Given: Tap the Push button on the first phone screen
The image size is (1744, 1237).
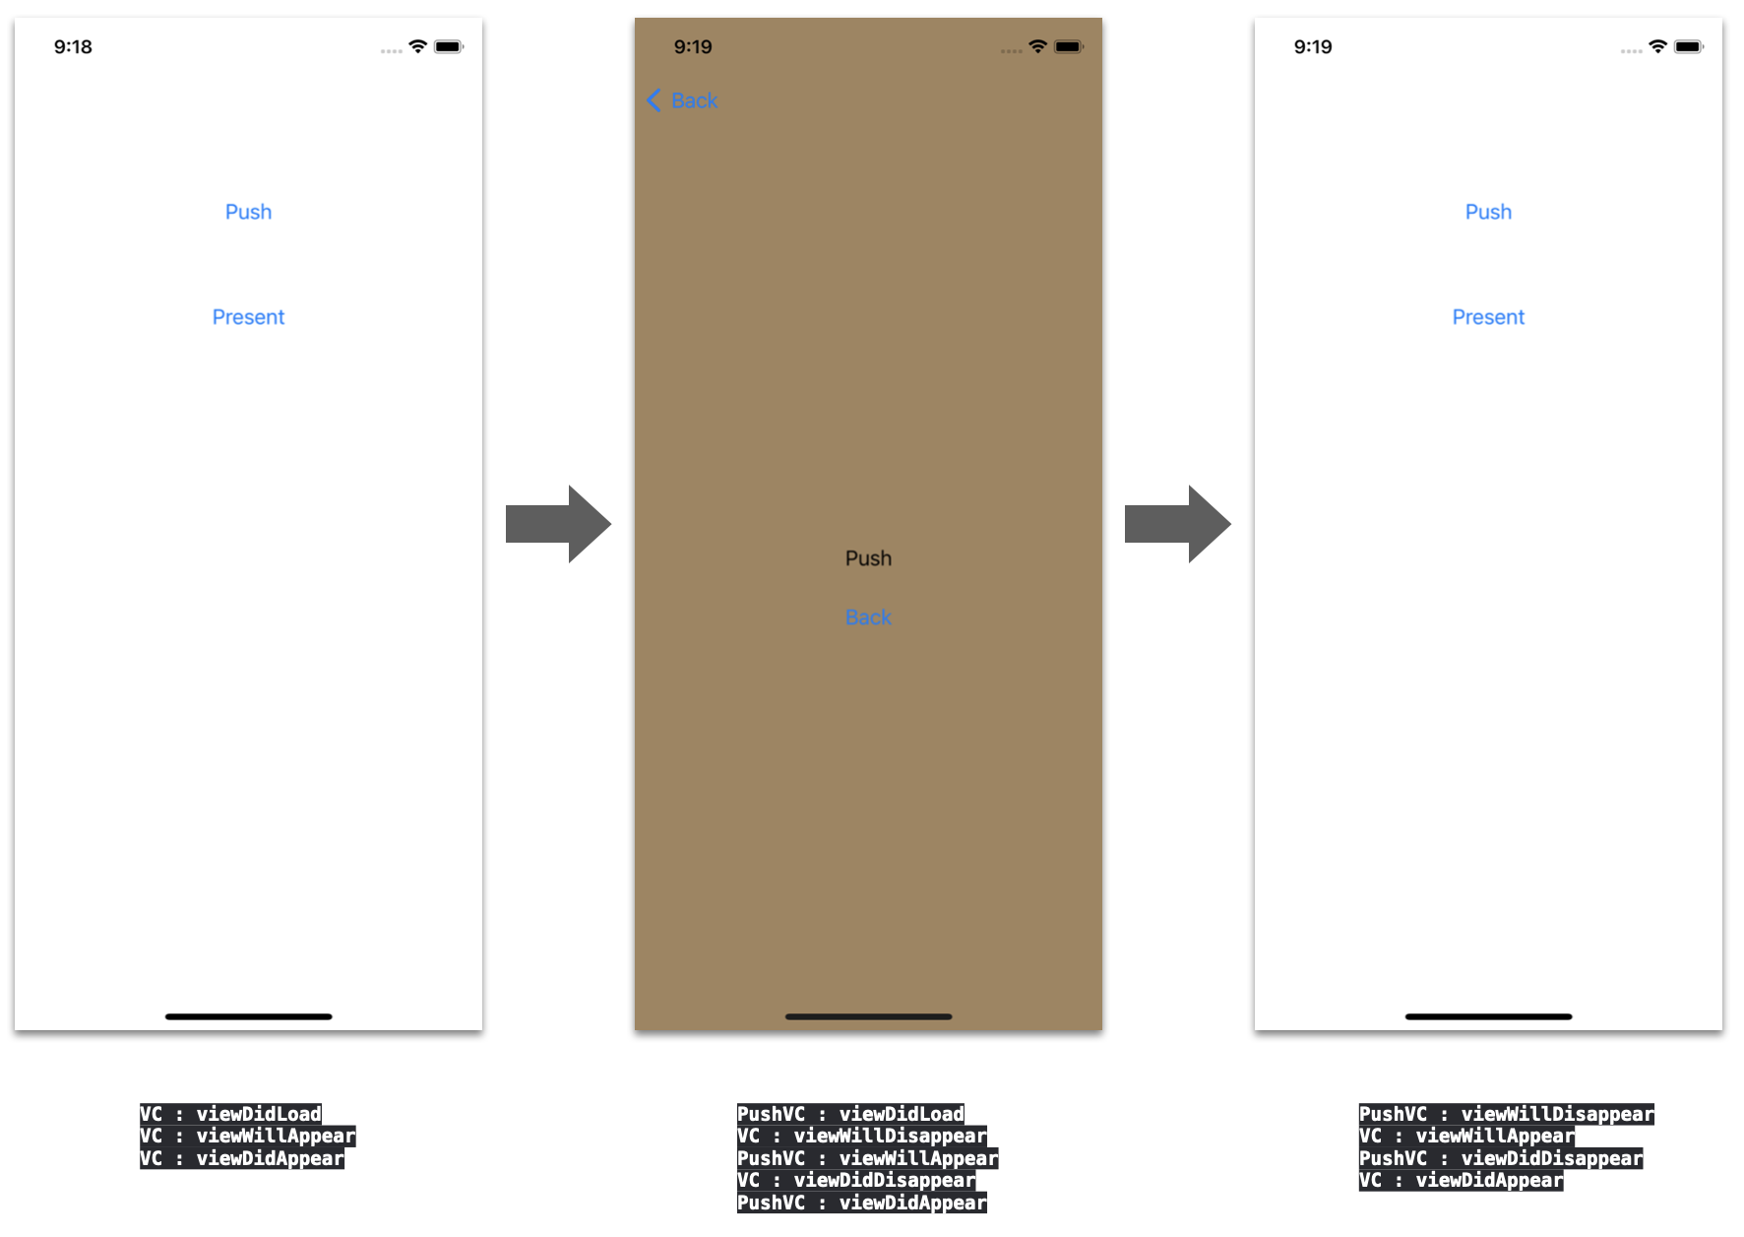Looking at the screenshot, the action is coord(248,212).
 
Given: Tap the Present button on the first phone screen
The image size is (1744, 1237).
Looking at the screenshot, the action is coord(248,317).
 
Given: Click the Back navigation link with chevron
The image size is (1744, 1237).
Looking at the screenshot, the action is coord(682,100).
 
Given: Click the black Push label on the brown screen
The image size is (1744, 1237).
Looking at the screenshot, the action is coord(868,558).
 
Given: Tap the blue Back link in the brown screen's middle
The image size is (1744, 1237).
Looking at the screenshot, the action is coord(868,618).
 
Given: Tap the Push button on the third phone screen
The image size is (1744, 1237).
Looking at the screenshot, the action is coord(1488,212).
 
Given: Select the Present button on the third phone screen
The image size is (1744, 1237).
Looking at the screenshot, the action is coord(1488,317).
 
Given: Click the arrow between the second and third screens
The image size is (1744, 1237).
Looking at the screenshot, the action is coord(1177,524).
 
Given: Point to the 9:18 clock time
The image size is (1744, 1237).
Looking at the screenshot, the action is coord(73,47).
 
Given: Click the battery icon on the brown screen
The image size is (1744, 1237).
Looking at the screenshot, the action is coord(1068,46).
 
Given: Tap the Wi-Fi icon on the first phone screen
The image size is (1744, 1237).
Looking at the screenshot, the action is coord(418,46).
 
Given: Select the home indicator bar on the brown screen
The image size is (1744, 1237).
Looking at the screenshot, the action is coord(868,1016).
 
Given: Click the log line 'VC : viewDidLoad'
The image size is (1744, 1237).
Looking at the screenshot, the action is coord(230,1114).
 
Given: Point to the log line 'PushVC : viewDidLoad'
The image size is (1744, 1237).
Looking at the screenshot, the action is coord(850,1114).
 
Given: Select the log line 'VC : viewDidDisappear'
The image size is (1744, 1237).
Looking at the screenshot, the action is coord(856,1180).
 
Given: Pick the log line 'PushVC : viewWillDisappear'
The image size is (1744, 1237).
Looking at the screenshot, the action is coord(1506,1114).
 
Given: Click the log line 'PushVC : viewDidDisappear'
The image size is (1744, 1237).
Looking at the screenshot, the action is coord(1500,1158).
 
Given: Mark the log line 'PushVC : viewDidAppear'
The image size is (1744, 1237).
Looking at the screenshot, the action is coord(861,1203).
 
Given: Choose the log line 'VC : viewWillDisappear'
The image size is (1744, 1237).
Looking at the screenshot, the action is coord(861,1136).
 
